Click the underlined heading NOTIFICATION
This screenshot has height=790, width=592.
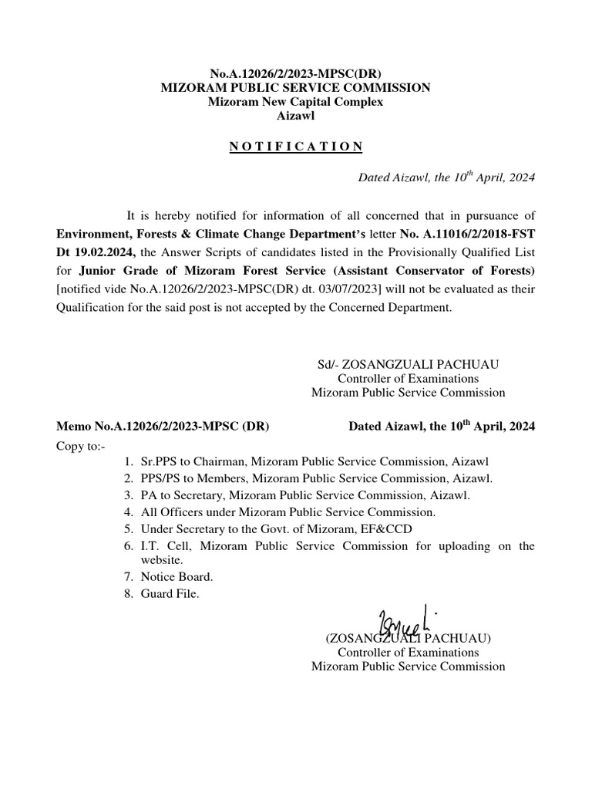click(x=295, y=147)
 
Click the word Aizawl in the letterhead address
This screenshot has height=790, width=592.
click(x=295, y=116)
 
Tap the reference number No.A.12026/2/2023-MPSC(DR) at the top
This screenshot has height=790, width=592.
click(x=295, y=73)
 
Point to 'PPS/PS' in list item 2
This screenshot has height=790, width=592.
click(x=160, y=478)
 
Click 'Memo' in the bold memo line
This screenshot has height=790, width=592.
click(x=74, y=426)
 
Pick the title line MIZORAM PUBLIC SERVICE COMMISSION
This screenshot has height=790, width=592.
click(x=295, y=88)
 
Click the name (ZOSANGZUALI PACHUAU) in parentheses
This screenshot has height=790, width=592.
click(x=408, y=639)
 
